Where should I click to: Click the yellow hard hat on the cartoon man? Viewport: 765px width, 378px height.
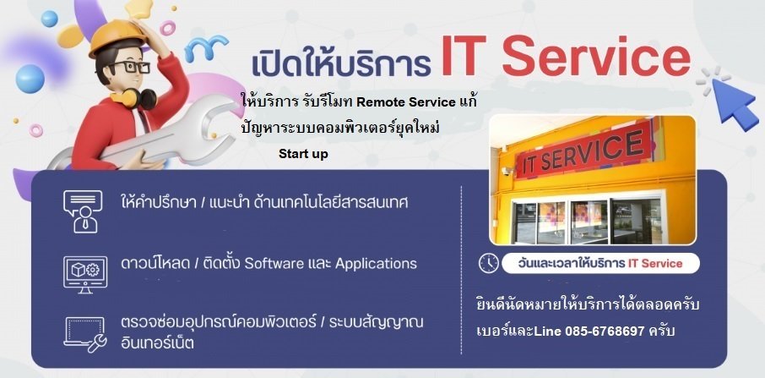pos(118,36)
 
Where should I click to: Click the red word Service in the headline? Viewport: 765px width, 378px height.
pos(596,59)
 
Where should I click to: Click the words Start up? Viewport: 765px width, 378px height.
pos(303,154)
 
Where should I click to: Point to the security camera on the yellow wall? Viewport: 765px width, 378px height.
pos(507,171)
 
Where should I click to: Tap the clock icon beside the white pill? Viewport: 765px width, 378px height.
pos(488,263)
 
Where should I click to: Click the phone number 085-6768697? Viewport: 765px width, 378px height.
pos(605,331)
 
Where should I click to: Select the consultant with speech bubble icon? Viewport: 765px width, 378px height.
pos(83,211)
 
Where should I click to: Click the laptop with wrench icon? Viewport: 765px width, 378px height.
pos(85,335)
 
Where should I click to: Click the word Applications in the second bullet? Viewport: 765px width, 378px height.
pos(376,264)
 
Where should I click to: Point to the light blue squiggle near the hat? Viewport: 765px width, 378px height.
pos(206,47)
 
